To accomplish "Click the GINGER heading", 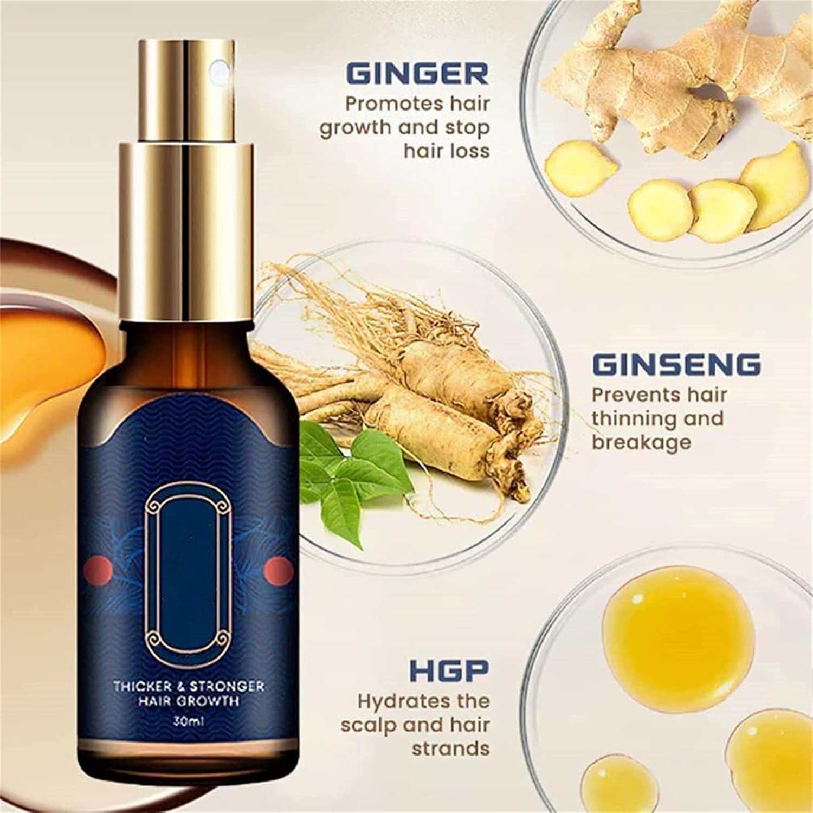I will click(417, 74).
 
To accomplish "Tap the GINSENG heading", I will click(675, 365).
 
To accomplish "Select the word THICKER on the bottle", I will click(138, 686).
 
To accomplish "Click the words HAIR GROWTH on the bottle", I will click(188, 701).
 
